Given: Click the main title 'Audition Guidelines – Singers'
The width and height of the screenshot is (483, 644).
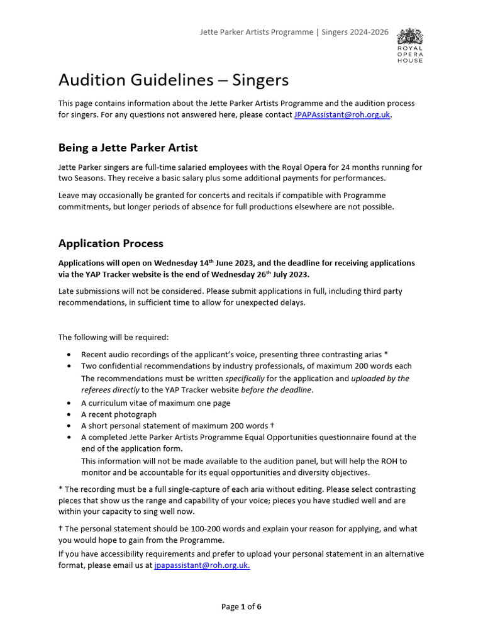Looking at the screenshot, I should [173, 80].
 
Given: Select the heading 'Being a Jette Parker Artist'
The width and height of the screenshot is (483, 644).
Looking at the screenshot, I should [128, 148].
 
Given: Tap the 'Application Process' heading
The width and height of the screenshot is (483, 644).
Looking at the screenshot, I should [111, 243].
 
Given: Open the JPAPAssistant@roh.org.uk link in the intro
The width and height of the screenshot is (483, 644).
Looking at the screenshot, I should [342, 115].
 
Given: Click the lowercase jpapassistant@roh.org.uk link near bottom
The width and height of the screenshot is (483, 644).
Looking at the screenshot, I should [202, 565].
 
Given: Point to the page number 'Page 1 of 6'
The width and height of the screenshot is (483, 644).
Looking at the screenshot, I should [241, 607].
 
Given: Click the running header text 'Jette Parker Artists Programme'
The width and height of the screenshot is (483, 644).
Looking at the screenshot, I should [256, 32].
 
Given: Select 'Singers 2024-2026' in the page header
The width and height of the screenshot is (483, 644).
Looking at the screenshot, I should [355, 32].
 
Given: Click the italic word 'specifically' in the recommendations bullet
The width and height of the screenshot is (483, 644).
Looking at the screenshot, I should [245, 379].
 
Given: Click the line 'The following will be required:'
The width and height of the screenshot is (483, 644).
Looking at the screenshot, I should [113, 337].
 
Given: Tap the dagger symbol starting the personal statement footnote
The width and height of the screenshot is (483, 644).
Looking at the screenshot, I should [60, 529].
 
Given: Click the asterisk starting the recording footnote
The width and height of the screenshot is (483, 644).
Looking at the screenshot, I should [60, 489].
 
